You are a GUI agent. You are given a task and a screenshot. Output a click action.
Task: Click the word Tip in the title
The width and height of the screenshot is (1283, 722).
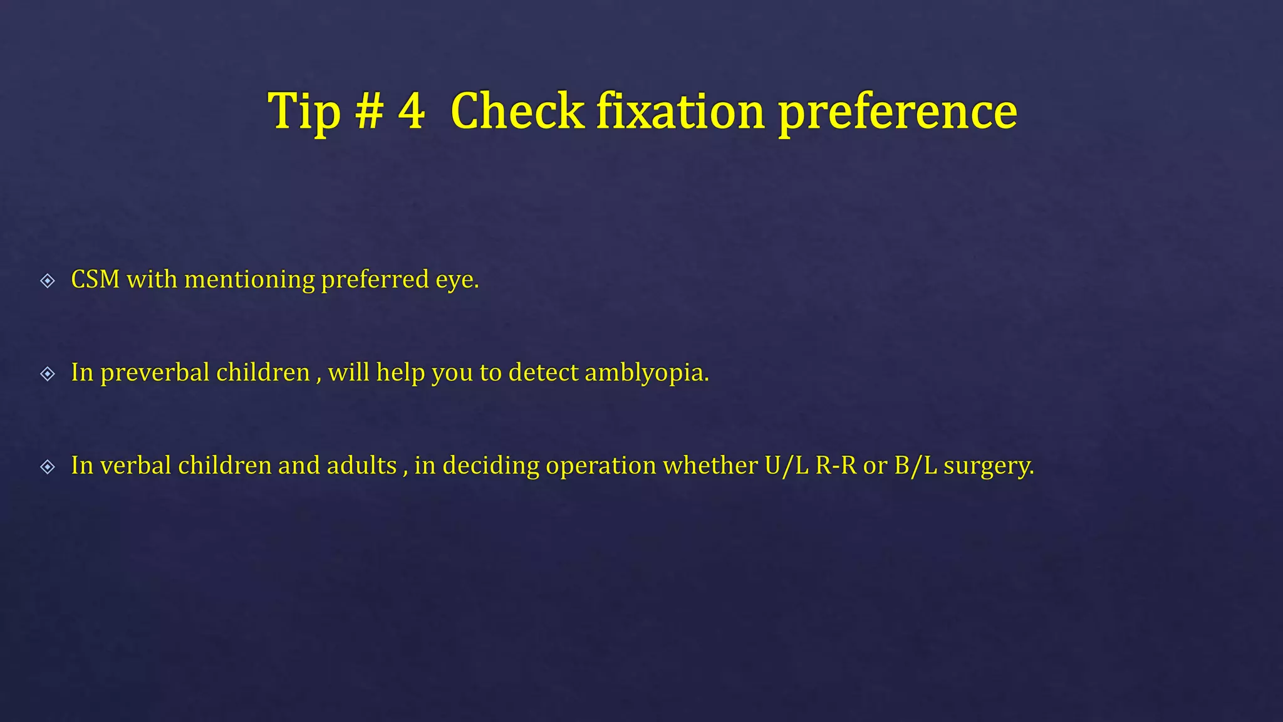(x=304, y=112)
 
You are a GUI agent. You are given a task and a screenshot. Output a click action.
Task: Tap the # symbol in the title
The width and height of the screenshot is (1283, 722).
(x=369, y=112)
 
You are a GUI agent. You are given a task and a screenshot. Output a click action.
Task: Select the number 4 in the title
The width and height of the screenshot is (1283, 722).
(x=412, y=112)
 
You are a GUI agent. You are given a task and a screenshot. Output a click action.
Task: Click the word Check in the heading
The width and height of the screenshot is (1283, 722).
(x=517, y=112)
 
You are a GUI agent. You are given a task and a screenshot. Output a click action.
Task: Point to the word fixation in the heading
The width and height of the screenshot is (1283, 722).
(x=680, y=112)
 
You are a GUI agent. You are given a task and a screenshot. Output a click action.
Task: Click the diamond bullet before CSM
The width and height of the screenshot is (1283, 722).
(x=48, y=280)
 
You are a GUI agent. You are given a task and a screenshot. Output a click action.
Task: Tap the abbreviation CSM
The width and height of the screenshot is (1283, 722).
(x=95, y=280)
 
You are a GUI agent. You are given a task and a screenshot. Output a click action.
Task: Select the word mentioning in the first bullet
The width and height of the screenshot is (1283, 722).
(x=249, y=280)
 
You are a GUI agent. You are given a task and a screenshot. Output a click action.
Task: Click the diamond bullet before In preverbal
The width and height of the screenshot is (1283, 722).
(x=48, y=374)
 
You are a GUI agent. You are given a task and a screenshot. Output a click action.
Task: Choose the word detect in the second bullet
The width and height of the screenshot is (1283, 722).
(x=543, y=373)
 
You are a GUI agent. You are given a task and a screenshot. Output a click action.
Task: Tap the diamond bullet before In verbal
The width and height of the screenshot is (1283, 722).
(x=48, y=466)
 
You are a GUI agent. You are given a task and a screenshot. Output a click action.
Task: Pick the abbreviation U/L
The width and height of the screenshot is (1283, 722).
(x=786, y=466)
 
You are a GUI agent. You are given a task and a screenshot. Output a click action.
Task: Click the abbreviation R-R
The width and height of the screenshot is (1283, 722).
(x=836, y=466)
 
